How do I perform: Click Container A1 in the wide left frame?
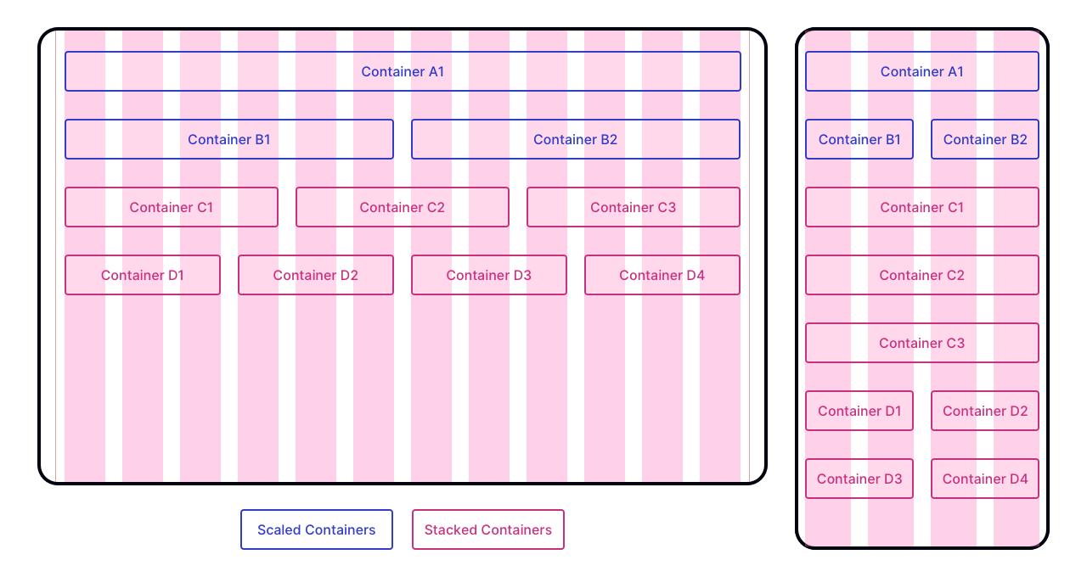[403, 71]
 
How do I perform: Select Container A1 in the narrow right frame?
[921, 71]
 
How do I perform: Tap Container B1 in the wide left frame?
[229, 139]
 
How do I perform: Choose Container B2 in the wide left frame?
[576, 139]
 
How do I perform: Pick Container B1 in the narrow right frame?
[859, 139]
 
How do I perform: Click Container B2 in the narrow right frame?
[985, 139]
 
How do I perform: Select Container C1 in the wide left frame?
[172, 207]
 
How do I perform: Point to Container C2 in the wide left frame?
[403, 207]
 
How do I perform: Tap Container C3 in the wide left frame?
[634, 207]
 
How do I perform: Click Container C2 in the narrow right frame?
[921, 275]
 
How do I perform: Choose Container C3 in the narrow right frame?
[921, 343]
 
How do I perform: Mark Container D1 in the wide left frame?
[143, 275]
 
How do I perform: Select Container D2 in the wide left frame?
[316, 275]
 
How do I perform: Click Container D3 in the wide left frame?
[489, 275]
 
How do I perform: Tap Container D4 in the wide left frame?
[662, 275]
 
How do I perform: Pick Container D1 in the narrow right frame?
[859, 411]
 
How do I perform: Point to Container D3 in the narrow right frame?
[859, 479]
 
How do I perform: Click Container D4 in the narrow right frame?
[985, 479]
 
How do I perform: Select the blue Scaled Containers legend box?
[317, 529]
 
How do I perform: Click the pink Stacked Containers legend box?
[488, 529]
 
